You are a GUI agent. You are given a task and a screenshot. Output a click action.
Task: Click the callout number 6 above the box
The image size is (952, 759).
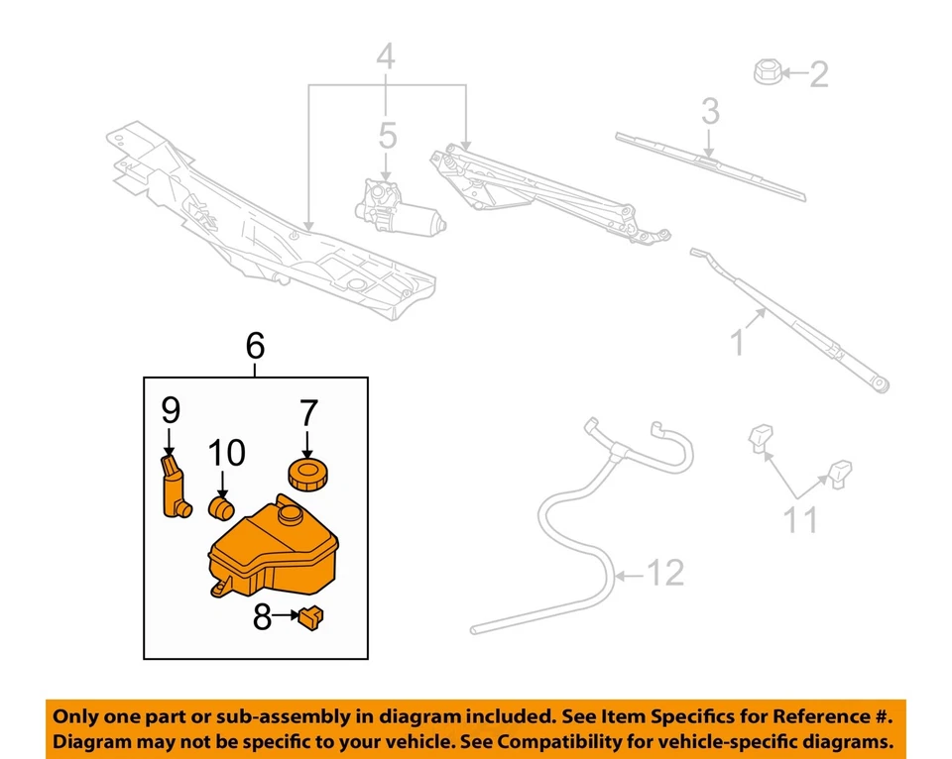255,346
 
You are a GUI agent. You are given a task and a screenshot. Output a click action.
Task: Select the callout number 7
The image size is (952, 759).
307,413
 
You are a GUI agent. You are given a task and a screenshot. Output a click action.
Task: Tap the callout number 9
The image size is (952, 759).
170,408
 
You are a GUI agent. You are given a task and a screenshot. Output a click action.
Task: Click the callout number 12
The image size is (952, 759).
665,573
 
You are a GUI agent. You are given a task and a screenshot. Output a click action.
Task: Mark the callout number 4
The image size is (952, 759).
385,58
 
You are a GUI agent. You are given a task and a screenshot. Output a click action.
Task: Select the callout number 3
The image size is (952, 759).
710,111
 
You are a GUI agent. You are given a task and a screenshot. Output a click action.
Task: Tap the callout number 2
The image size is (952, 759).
818,74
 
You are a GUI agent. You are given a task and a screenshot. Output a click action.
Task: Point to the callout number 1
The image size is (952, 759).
737,344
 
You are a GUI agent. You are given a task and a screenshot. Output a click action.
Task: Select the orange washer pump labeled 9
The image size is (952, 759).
175,486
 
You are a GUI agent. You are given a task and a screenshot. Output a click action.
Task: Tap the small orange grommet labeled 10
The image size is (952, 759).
222,509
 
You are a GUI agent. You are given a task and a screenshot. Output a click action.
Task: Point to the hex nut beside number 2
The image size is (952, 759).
767,72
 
